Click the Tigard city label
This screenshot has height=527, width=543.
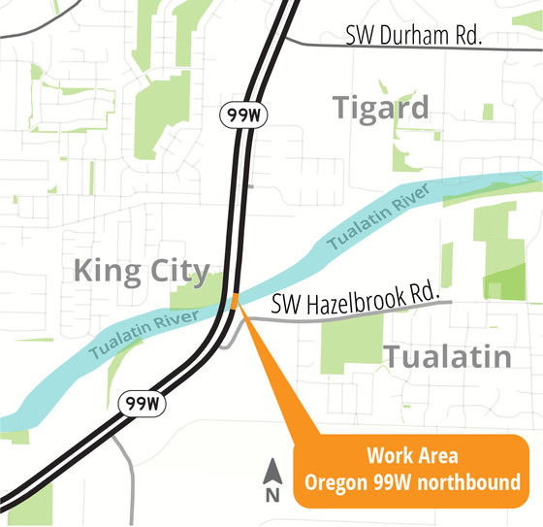click(381, 108)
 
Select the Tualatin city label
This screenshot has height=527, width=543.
click(447, 356)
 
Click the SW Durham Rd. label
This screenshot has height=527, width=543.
click(414, 38)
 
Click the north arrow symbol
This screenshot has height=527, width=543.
click(272, 473)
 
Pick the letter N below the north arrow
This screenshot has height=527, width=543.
click(272, 495)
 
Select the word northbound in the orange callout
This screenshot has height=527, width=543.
click(469, 481)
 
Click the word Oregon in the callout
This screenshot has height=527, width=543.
click(335, 481)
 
